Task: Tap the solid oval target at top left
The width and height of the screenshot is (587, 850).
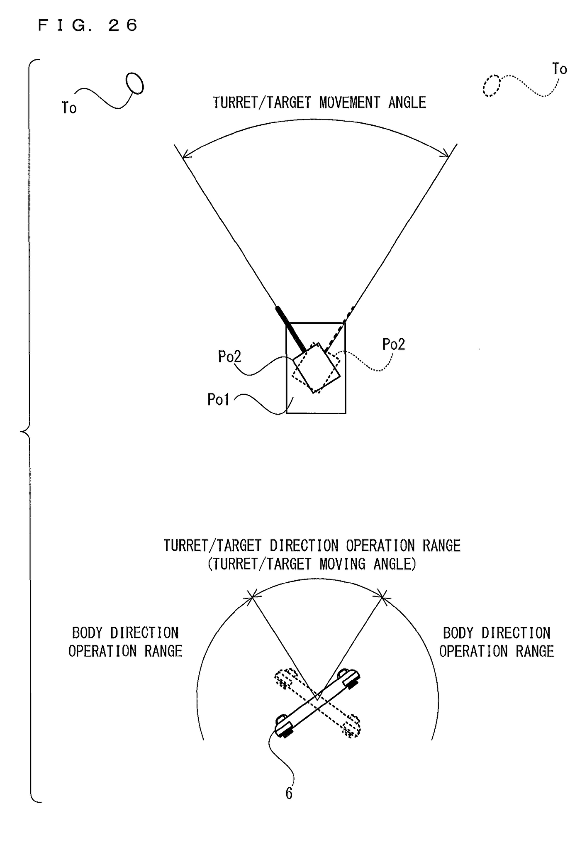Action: pyautogui.click(x=135, y=83)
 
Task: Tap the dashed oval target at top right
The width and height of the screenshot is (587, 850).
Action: pyautogui.click(x=492, y=86)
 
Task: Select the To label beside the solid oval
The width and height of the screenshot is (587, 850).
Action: pyautogui.click(x=69, y=108)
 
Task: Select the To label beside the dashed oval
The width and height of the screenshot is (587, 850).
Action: pyautogui.click(x=560, y=69)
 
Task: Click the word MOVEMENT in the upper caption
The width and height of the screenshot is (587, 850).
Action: pyautogui.click(x=349, y=103)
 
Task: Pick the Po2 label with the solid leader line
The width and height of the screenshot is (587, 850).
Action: pyautogui.click(x=229, y=357)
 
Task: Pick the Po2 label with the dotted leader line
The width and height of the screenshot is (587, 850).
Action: pyautogui.click(x=393, y=344)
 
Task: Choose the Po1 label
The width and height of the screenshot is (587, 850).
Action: pyautogui.click(x=218, y=399)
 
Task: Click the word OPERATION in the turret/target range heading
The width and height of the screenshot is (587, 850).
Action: pyautogui.click(x=380, y=545)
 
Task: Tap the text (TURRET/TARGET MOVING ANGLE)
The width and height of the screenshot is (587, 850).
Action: pyautogui.click(x=312, y=564)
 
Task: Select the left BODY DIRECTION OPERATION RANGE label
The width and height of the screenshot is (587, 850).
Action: pyautogui.click(x=125, y=642)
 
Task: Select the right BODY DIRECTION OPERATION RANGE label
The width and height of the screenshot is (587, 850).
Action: pyautogui.click(x=497, y=642)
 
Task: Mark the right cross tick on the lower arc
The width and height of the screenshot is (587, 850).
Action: pyautogui.click(x=382, y=597)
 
